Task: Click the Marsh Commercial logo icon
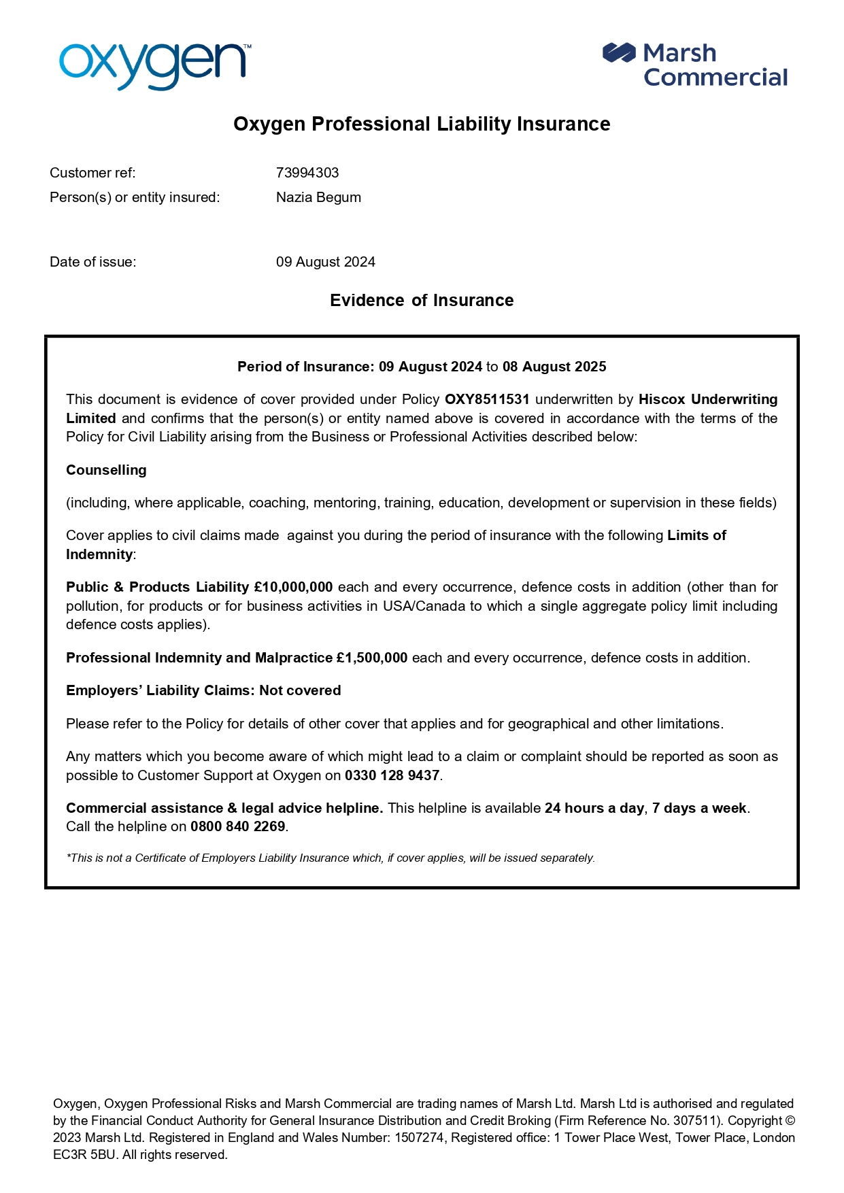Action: tap(618, 52)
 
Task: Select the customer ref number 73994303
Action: tap(307, 173)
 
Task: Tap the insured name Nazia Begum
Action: tap(318, 197)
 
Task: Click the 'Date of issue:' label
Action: tap(92, 262)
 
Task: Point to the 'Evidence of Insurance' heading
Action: tap(422, 300)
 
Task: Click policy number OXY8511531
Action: tap(487, 399)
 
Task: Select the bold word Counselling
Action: tap(106, 470)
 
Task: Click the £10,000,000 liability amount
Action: tap(293, 587)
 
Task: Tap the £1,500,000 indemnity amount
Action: tap(371, 658)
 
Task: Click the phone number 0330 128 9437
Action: tap(392, 775)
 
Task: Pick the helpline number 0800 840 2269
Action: tap(237, 826)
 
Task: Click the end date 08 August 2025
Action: tap(554, 367)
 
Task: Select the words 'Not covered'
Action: tap(300, 690)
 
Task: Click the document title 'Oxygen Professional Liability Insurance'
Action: tap(422, 124)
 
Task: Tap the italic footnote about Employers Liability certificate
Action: tap(331, 858)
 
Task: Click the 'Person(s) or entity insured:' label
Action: tap(135, 197)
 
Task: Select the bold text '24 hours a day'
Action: tap(594, 808)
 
